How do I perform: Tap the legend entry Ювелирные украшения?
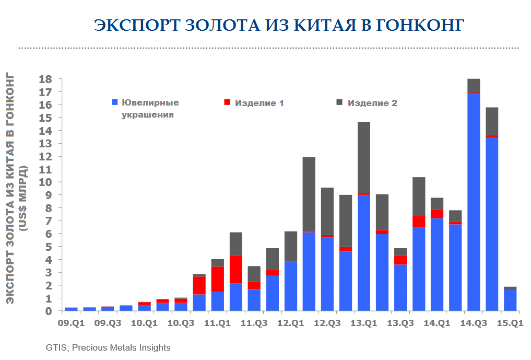click(150, 108)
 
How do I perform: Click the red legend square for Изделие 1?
click(227, 102)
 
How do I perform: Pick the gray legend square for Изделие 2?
click(339, 102)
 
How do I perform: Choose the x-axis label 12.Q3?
click(327, 323)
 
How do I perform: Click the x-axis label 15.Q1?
click(510, 323)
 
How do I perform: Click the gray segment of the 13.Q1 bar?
click(364, 157)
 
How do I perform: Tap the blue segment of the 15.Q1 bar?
click(510, 301)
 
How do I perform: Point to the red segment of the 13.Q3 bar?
click(400, 260)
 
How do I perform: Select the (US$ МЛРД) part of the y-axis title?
click(23, 199)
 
